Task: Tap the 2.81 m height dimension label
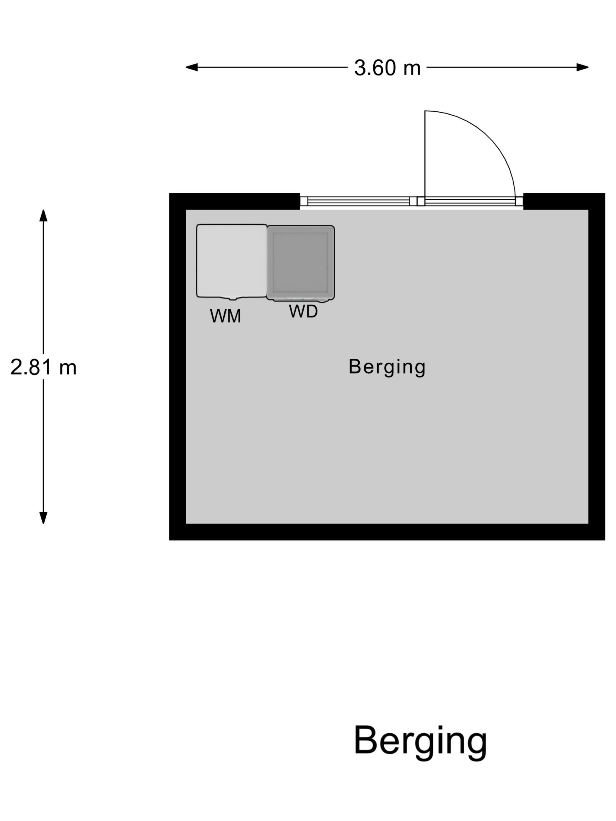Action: pos(43,367)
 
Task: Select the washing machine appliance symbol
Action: pos(231,261)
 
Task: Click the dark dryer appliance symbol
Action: pos(300,263)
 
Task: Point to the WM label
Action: pos(225,316)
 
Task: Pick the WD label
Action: pos(303,311)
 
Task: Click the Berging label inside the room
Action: pos(387,367)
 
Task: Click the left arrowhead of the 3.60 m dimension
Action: pos(191,67)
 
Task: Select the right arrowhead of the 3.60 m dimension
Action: pos(583,67)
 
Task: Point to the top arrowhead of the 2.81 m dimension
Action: pos(43,215)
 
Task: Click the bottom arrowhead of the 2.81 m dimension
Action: pos(43,518)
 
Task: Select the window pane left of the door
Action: pos(359,201)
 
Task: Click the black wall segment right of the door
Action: pos(564,201)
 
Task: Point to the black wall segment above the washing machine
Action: pos(234,201)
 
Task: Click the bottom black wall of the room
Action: pos(387,532)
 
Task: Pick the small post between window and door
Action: pos(421,201)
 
